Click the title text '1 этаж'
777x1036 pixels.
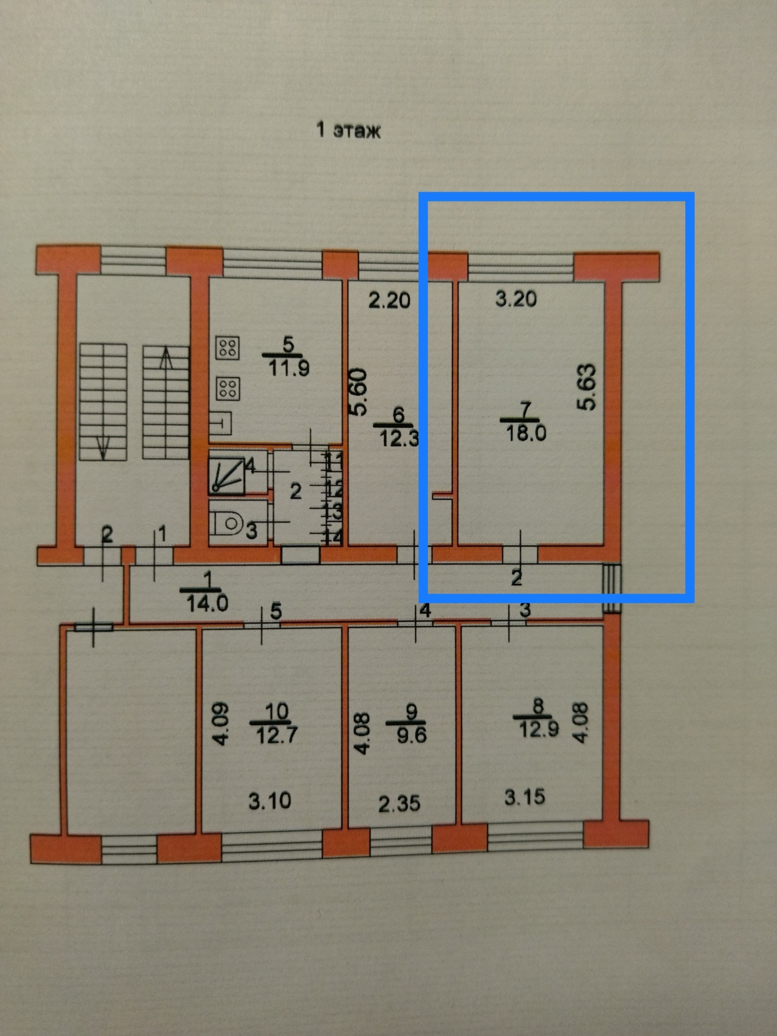tap(348, 130)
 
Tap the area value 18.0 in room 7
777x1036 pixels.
tap(526, 433)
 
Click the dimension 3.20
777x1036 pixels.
tap(516, 299)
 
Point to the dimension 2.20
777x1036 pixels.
tap(389, 300)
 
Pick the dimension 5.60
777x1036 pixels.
tap(358, 392)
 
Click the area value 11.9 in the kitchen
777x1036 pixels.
tap(289, 368)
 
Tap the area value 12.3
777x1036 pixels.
tap(398, 439)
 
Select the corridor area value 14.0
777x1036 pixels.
tap(207, 603)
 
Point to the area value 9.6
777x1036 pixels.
tap(411, 735)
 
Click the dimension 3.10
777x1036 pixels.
tap(269, 801)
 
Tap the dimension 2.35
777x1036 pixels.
tap(399, 803)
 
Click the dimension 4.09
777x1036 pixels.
tap(221, 723)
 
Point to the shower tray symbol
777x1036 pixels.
tap(227, 476)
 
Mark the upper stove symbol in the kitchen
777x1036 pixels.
tap(227, 348)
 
